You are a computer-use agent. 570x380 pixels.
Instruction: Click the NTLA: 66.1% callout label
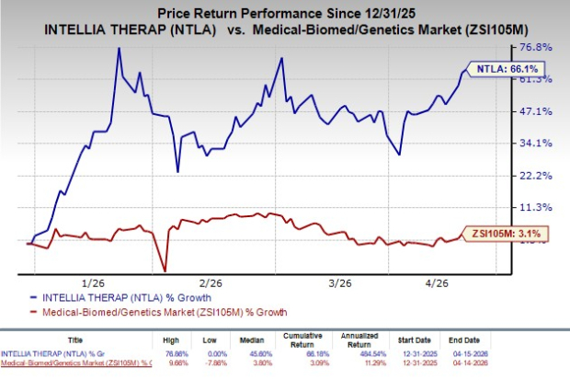point(505,69)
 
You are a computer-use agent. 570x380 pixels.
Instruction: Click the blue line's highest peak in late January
point(119,48)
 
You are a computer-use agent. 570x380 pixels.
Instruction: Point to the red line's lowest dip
point(165,271)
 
